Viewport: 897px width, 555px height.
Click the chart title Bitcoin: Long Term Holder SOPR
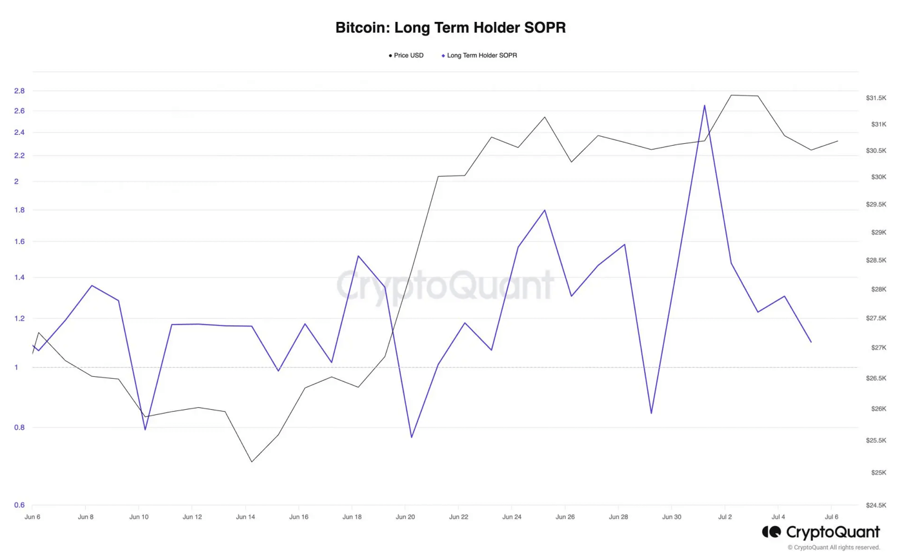point(450,28)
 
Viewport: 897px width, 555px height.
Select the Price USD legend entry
point(407,55)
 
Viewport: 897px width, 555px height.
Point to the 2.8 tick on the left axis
point(19,91)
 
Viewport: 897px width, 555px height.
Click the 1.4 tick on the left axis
point(19,277)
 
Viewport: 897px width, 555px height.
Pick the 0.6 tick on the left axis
point(19,505)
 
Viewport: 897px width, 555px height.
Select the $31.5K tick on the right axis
point(876,98)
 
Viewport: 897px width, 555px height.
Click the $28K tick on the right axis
point(876,289)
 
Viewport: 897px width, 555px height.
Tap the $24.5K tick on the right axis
point(876,505)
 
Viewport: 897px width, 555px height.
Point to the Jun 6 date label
point(32,517)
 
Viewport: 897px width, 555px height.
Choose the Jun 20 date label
point(405,517)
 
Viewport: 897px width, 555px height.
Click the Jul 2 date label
point(725,517)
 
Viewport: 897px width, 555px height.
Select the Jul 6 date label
point(832,517)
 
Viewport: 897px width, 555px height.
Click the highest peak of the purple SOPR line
point(705,105)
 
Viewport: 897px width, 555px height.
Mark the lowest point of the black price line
point(251,461)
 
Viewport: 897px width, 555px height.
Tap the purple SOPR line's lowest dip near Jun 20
point(411,438)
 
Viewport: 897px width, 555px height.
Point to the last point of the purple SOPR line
point(811,342)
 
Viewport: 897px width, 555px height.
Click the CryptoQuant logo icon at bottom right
point(771,532)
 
